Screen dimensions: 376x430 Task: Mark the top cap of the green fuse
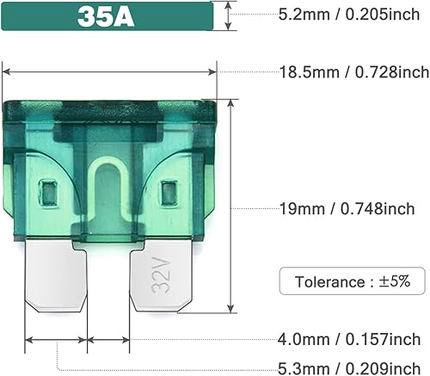coord(110,109)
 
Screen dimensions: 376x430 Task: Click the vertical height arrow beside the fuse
coord(231,206)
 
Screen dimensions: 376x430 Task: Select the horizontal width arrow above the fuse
coord(110,73)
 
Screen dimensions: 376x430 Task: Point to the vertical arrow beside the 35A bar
coord(227,15)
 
